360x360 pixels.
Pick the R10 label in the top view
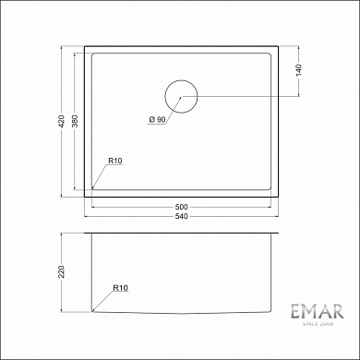pyautogui.click(x=115, y=162)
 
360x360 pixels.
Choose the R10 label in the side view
pyautogui.click(x=119, y=288)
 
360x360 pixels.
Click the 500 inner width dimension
pyautogui.click(x=182, y=205)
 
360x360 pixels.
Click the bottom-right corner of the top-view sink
pyautogui.click(x=280, y=195)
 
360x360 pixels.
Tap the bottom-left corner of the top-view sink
pyautogui.click(x=84, y=195)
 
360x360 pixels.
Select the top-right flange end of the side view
pyautogui.click(x=280, y=234)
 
